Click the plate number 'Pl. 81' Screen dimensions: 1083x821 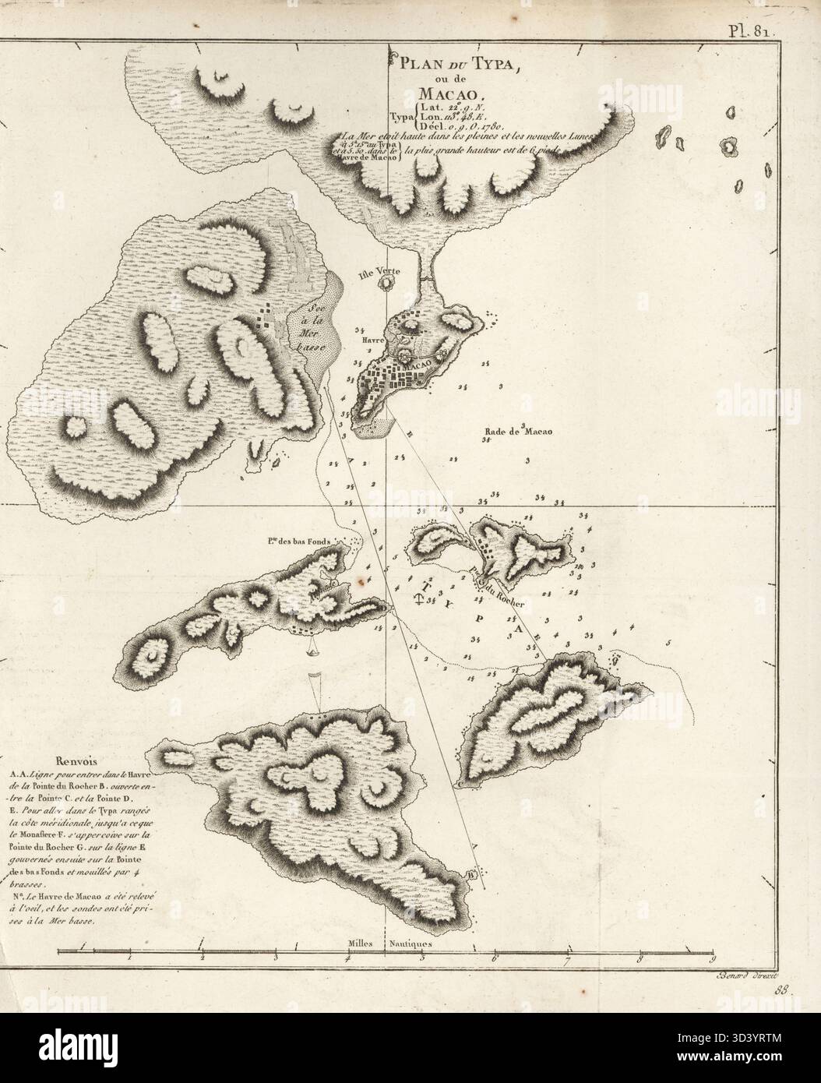coord(749,11)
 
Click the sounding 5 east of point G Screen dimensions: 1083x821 coord(669,644)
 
